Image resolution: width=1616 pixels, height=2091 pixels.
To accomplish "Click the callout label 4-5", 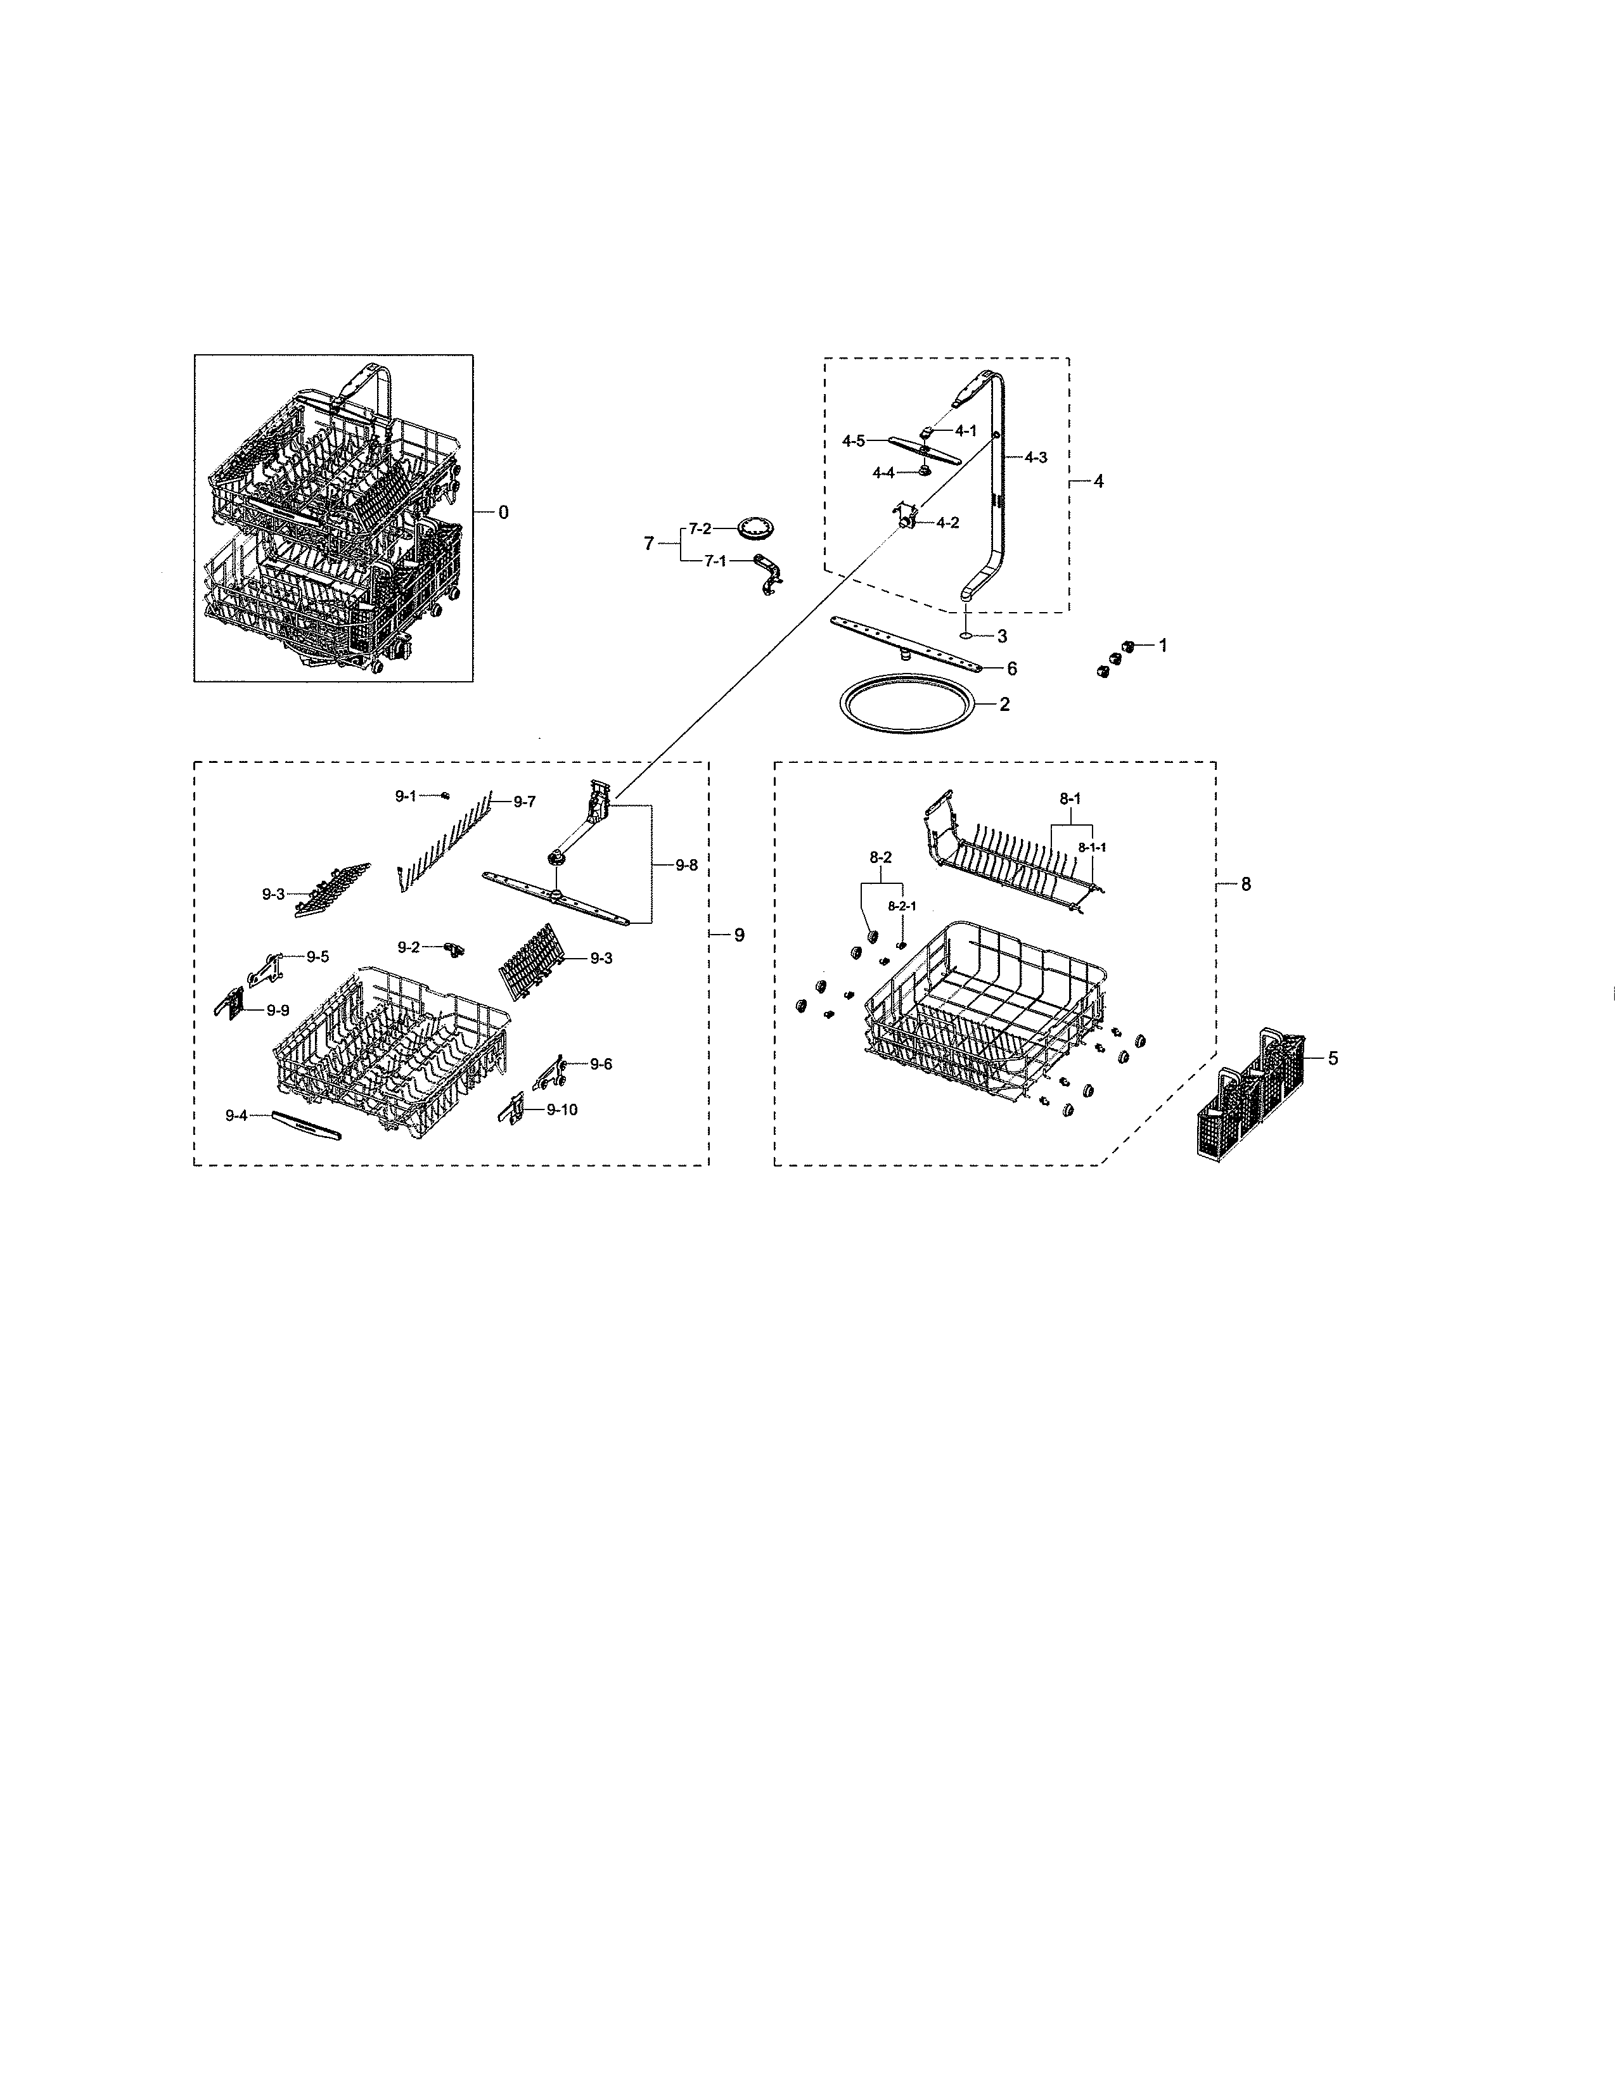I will click(x=853, y=442).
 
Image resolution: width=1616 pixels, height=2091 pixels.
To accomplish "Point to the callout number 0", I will click(x=504, y=512).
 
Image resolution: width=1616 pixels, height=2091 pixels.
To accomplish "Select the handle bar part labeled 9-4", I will click(x=306, y=1124).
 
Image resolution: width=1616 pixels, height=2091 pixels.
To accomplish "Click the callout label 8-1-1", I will click(x=1091, y=847).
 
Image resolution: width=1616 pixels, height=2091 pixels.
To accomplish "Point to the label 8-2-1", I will click(x=902, y=905).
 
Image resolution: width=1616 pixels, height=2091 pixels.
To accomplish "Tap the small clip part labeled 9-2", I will click(x=454, y=948).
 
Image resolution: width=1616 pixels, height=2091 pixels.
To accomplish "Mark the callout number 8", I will click(x=1245, y=885).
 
